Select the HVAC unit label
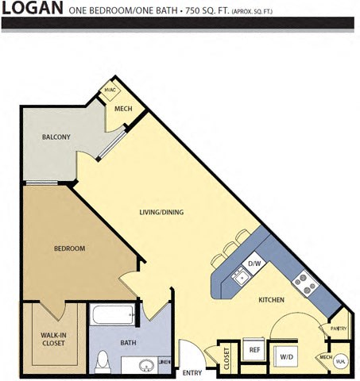click(x=110, y=91)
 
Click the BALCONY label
click(x=56, y=137)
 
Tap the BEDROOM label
click(x=69, y=248)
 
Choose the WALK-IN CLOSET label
click(x=53, y=339)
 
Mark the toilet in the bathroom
click(x=102, y=363)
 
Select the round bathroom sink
click(x=145, y=368)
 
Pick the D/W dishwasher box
click(x=254, y=263)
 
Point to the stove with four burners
click(x=302, y=280)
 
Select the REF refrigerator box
click(x=254, y=349)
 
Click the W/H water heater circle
click(x=340, y=360)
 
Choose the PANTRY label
click(x=339, y=327)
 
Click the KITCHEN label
click(x=273, y=301)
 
